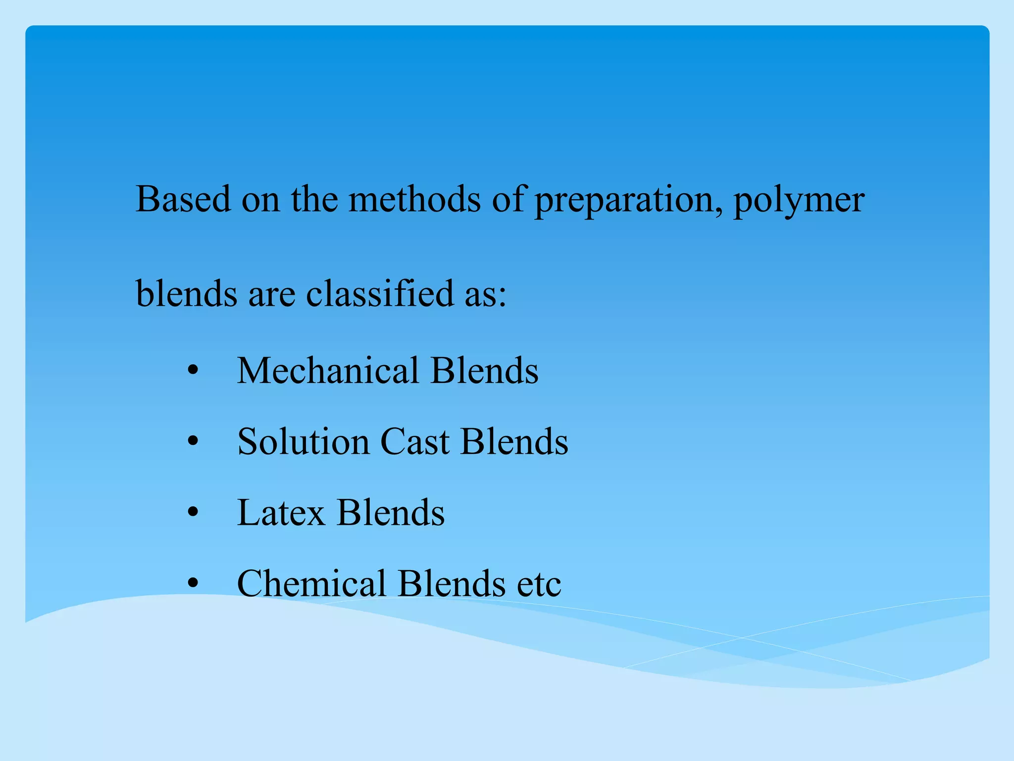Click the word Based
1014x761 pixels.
[183, 199]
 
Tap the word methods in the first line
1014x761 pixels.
[414, 199]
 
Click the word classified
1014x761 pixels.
[380, 293]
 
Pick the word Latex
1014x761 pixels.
[281, 512]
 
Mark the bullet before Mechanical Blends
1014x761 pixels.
[193, 371]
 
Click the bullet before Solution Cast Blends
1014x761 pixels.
[193, 442]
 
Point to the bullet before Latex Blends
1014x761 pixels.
[193, 513]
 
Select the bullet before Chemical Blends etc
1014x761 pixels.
[193, 584]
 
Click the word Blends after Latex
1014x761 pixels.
[391, 512]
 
